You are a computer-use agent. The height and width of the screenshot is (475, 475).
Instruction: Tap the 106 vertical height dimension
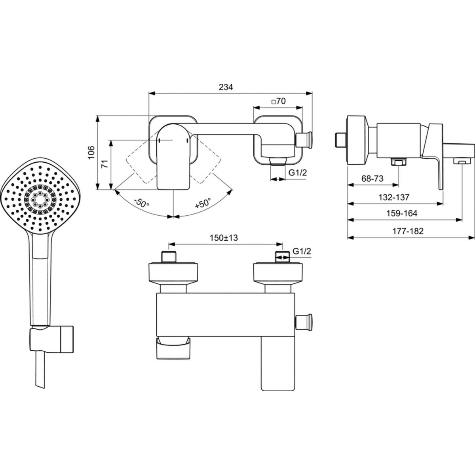click(91, 152)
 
